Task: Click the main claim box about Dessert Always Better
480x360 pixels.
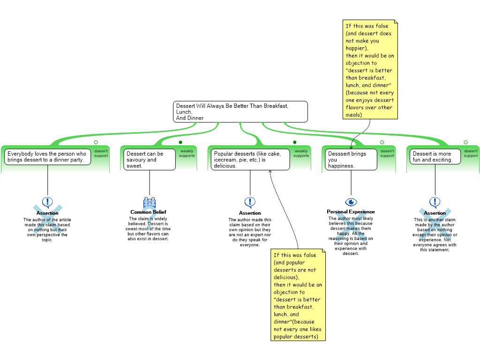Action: tap(240, 112)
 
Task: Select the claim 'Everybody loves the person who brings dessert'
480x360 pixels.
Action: tap(47, 157)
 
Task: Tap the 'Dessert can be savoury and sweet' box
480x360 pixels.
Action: tap(150, 159)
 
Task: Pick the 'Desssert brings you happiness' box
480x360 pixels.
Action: tap(351, 159)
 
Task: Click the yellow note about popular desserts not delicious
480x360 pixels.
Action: tap(298, 295)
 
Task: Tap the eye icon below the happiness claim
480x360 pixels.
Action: tap(351, 202)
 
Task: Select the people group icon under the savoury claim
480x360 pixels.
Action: tap(150, 202)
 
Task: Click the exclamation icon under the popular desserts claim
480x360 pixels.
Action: tap(250, 202)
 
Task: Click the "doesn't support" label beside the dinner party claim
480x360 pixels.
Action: tap(101, 153)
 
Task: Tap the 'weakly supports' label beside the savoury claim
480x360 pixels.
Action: tap(187, 153)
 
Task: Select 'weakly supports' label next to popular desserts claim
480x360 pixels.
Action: tap(301, 153)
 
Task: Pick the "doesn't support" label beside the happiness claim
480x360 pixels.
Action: tap(387, 153)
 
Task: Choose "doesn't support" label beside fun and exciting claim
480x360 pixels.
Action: tap(471, 153)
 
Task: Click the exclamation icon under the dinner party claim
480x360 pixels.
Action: tap(47, 202)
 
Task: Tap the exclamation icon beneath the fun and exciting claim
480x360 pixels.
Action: tap(435, 202)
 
